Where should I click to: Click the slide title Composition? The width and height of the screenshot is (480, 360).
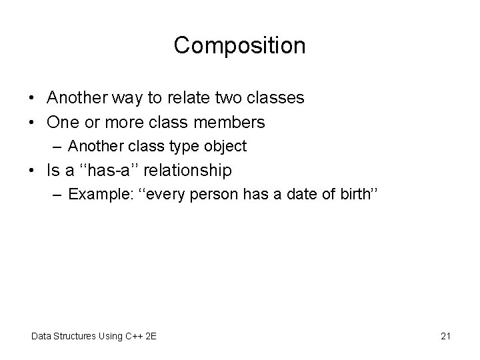239,45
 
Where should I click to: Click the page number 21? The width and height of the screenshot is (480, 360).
445,335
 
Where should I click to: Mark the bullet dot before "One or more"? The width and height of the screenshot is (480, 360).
32,123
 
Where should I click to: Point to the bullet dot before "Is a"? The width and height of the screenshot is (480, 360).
32,171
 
